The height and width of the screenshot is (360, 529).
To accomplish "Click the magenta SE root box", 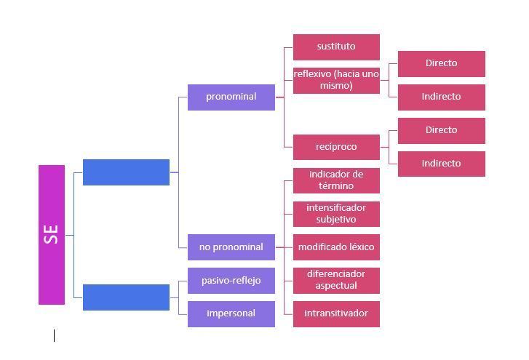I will point(52,234).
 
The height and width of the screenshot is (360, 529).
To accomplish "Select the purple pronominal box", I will point(231,97).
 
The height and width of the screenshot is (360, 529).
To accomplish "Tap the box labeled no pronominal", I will point(231,247).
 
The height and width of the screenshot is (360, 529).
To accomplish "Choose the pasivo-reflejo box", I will point(231,281).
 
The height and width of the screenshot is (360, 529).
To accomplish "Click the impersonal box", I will point(231,313).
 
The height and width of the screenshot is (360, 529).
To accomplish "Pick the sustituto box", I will point(336,47).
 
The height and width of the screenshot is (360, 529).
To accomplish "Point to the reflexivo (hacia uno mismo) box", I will point(336,80).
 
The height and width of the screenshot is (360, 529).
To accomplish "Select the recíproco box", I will point(336,147).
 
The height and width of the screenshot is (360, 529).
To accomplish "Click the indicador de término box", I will point(336,180).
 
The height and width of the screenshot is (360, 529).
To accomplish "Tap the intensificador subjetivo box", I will point(336,214).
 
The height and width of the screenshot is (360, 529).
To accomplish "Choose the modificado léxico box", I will point(336,247).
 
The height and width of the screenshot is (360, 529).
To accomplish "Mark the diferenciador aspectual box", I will point(336,280).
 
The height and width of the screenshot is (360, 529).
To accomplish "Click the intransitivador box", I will point(336,313).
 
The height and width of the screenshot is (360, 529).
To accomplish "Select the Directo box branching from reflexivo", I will point(441,63).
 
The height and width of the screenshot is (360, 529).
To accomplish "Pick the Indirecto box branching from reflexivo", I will point(441,97).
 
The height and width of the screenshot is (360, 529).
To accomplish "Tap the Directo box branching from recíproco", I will point(441,130).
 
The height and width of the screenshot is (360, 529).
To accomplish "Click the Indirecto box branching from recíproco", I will point(441,164).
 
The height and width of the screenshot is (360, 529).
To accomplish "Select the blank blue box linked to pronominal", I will point(126,172).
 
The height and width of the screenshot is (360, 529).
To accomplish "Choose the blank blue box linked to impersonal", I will point(126,297).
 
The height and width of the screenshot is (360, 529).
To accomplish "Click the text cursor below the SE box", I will point(54,335).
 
